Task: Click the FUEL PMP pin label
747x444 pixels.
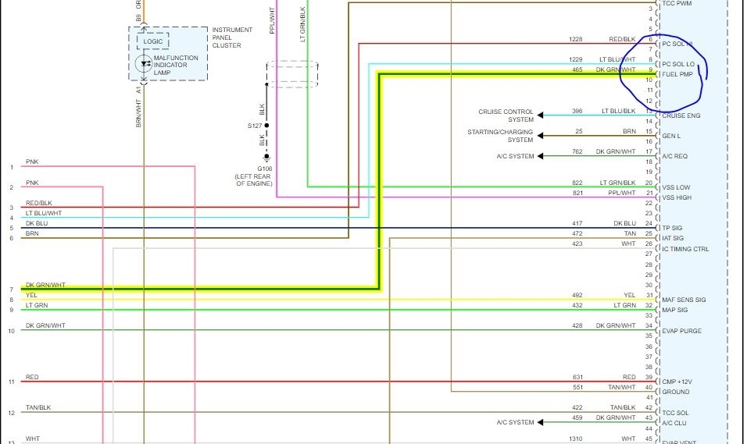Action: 677,74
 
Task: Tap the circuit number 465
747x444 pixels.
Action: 577,69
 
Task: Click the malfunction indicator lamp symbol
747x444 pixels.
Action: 144,64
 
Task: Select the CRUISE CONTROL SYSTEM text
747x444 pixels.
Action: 506,115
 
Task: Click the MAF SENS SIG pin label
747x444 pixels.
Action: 684,300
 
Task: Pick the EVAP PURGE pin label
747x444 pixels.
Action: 681,331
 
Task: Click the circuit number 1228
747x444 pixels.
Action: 577,39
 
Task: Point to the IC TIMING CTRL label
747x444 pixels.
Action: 685,249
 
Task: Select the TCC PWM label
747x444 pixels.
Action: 677,4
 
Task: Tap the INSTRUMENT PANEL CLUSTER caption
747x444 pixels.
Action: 232,37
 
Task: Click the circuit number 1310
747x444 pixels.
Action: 577,438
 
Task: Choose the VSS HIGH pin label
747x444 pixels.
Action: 677,197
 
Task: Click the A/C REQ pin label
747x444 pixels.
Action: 675,156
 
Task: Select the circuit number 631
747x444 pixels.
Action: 577,377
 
